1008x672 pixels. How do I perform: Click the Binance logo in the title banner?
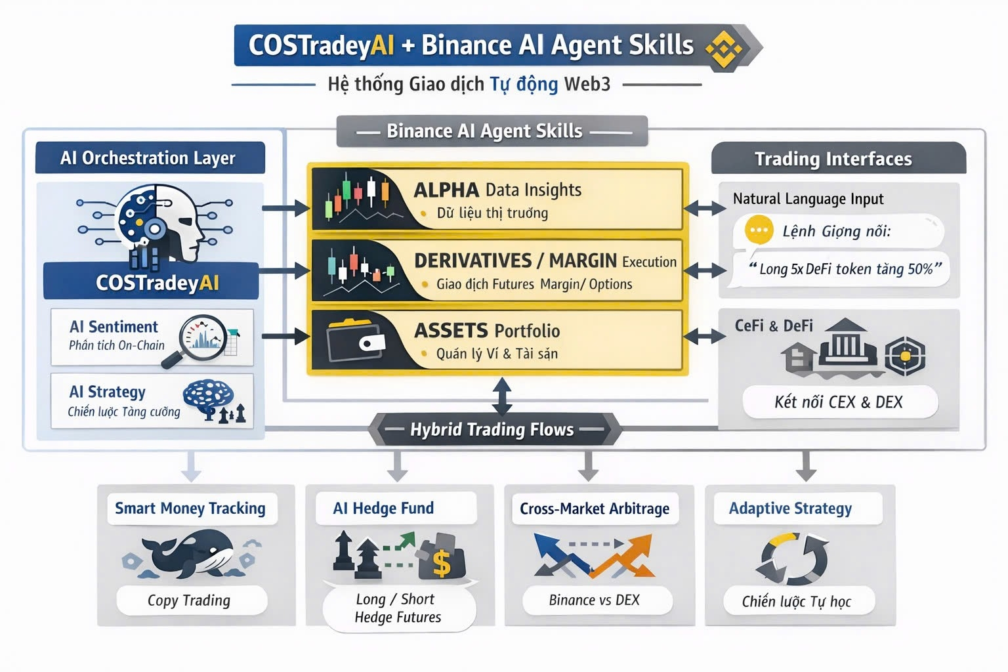coord(723,48)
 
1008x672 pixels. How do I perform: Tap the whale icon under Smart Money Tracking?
coord(190,554)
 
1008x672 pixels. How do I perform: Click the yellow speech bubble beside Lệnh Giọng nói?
coord(759,230)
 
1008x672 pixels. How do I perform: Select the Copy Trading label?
coord(190,600)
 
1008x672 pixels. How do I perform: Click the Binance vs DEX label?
coord(595,600)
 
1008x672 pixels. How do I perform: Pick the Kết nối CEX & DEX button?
coord(839,402)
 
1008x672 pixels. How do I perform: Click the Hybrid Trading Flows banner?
coord(492,429)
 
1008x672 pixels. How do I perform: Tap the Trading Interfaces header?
coord(833,159)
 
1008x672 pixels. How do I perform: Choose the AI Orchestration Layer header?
coord(148,158)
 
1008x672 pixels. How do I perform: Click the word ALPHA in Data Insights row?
coord(446,190)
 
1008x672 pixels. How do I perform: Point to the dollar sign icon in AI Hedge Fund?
coord(442,562)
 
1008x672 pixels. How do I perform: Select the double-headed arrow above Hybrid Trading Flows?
coord(501,396)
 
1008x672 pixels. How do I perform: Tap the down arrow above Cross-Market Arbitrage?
coord(588,467)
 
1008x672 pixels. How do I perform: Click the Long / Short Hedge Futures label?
coord(398,608)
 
